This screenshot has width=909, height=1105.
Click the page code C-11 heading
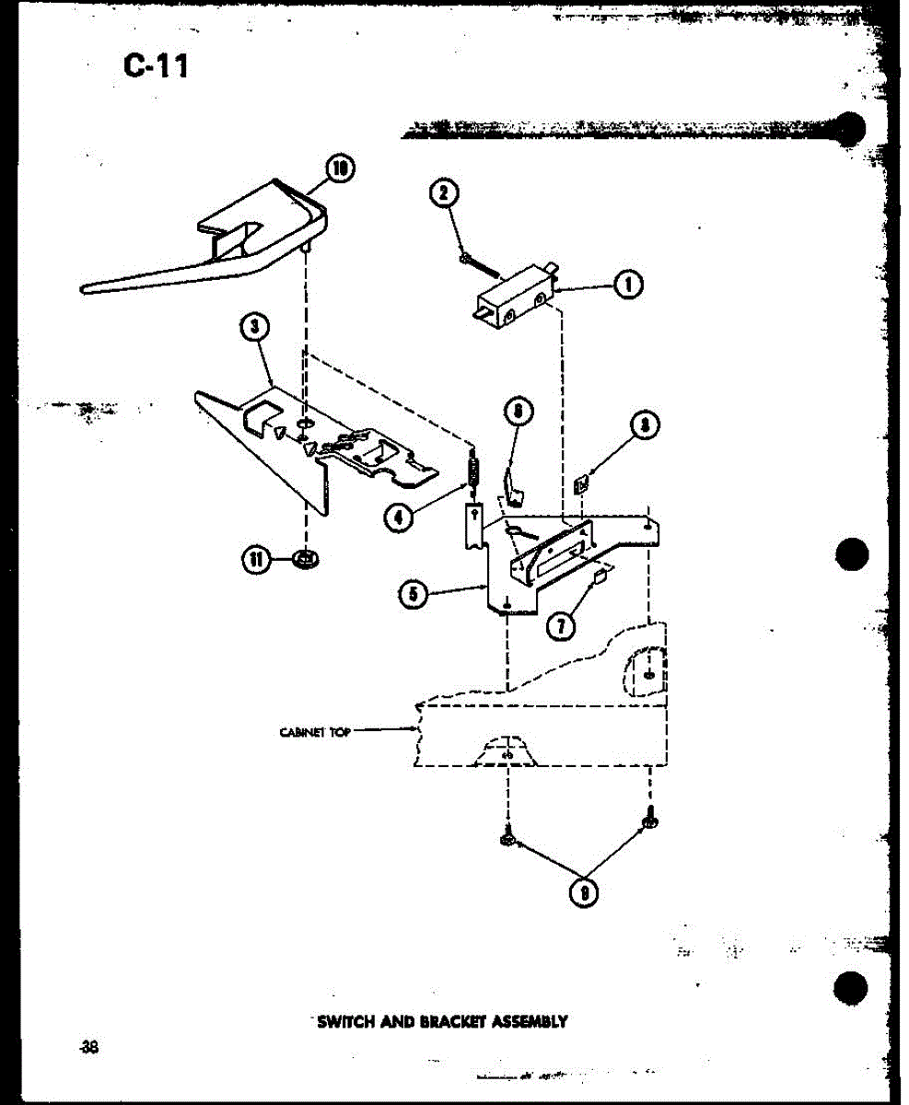coord(156,65)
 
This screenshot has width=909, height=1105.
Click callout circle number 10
coord(341,169)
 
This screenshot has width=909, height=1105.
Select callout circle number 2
coord(444,192)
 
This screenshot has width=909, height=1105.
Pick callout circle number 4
coord(399,518)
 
